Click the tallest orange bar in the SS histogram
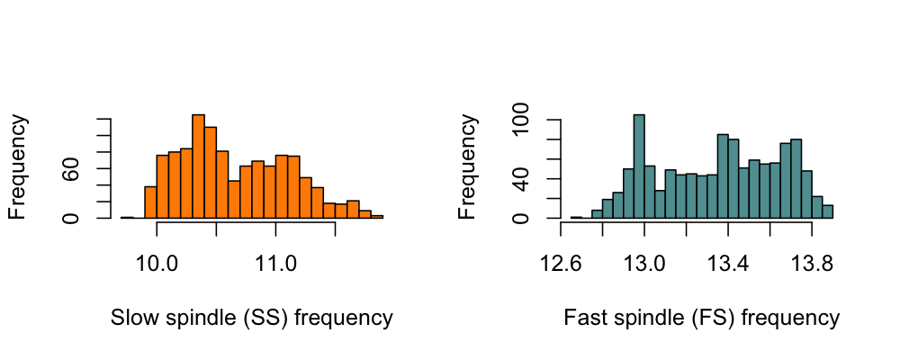click(198, 166)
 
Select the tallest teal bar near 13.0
click(639, 166)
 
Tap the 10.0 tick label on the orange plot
click(157, 264)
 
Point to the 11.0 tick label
click(275, 264)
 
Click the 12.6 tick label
click(562, 264)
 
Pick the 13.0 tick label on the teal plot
click(645, 264)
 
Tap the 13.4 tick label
click(728, 264)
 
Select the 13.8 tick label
click(812, 264)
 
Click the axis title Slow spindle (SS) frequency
click(251, 318)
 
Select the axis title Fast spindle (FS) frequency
click(701, 318)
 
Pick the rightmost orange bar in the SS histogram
click(376, 216)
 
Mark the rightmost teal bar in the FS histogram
click(827, 211)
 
